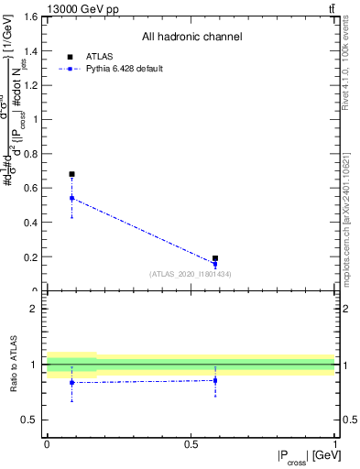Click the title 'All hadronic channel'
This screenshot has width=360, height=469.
(191, 37)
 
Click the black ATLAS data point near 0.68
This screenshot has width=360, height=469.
(71, 174)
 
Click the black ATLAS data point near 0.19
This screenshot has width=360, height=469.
(215, 258)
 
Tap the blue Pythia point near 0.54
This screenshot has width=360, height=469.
(71, 198)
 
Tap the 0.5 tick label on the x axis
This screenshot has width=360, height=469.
(191, 444)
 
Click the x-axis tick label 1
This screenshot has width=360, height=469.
(334, 444)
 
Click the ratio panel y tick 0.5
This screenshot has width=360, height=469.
(32, 420)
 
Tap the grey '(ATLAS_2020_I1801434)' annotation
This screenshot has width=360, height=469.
(191, 274)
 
